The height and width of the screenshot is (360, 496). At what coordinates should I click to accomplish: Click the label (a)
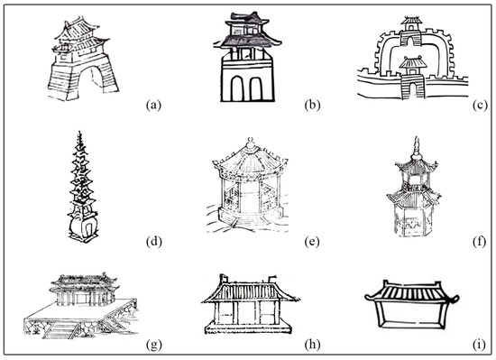pos(153,105)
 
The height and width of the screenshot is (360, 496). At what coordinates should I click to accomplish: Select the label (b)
pos(313,105)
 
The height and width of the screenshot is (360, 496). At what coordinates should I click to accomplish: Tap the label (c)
pos(480,105)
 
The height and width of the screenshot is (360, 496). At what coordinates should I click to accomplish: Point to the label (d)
pos(154,242)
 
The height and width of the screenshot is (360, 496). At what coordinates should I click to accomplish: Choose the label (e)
pos(312,242)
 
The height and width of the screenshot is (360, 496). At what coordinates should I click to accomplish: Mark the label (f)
pos(480,242)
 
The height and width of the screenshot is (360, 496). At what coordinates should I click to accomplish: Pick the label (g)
pos(154,345)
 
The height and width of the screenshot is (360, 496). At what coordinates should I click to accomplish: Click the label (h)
pos(313,345)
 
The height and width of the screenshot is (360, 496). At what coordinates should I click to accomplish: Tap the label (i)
pos(480,345)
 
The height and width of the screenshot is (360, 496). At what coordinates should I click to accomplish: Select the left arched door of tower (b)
pos(237,88)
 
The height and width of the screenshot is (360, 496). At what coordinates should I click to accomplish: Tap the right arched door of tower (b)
pos(256,88)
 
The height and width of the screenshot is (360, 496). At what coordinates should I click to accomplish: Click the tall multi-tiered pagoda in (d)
pos(82,188)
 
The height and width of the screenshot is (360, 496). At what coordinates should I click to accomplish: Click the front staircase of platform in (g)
pos(60,330)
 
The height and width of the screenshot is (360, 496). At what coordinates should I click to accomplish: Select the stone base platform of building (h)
pos(248,328)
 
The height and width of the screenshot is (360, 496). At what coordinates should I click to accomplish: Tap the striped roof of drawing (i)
pos(411,291)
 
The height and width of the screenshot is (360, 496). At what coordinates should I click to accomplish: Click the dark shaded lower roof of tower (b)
pos(248,42)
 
